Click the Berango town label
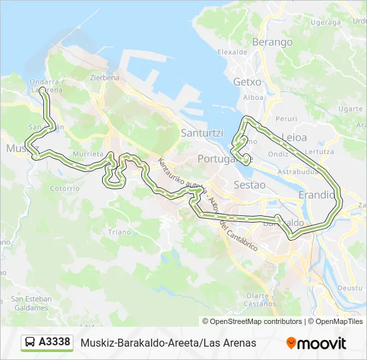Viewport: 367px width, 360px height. (272, 42)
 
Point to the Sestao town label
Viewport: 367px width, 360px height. (250, 185)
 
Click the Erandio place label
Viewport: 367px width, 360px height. (316, 195)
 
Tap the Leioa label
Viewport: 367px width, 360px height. (294, 137)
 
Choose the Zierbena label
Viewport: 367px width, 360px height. (104, 77)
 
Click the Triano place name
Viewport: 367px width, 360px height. (119, 232)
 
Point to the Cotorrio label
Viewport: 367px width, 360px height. (64, 189)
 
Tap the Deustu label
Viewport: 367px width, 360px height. (349, 288)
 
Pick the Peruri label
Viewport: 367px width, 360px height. (286, 118)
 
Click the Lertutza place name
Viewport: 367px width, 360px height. (320, 151)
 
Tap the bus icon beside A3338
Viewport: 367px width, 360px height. (30, 343)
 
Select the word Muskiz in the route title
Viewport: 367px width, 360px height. (97, 343)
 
